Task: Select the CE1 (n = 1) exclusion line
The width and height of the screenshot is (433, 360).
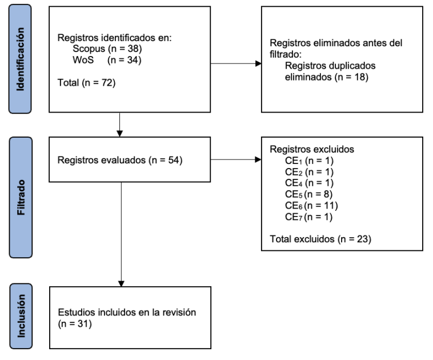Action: [x=308, y=161]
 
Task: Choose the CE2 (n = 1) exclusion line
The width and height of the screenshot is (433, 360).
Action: [x=308, y=171]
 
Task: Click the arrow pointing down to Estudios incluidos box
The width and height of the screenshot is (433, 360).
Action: [x=121, y=281]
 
